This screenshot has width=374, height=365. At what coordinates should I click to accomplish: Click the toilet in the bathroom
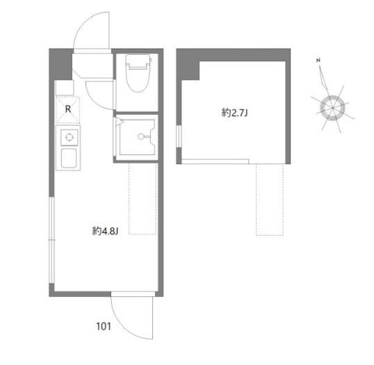pos(138,73)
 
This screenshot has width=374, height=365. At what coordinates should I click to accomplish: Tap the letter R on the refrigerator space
pos(68,109)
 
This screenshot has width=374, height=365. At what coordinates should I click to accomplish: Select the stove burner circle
pos(70,138)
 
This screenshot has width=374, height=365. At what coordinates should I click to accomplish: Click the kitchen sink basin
pos(69,159)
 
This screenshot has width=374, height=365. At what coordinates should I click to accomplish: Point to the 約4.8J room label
pos(105,231)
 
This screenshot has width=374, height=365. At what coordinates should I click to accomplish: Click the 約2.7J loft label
pos(235,113)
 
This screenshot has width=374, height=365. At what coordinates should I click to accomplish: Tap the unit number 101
pos(104,326)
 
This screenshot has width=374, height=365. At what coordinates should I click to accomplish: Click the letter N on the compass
pos(318,60)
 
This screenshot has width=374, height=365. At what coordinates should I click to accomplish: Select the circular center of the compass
pos(332,108)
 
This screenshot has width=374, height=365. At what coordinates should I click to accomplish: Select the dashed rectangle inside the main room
pos(143,198)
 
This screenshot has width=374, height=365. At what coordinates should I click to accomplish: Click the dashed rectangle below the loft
pos(270,200)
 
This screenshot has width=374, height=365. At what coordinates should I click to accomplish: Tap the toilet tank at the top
pos(138,62)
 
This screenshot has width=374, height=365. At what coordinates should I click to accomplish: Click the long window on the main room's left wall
pos(51,240)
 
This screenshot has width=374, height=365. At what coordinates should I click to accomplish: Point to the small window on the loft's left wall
pos(179,136)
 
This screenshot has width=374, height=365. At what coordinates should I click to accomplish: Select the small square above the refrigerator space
pos(64,88)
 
